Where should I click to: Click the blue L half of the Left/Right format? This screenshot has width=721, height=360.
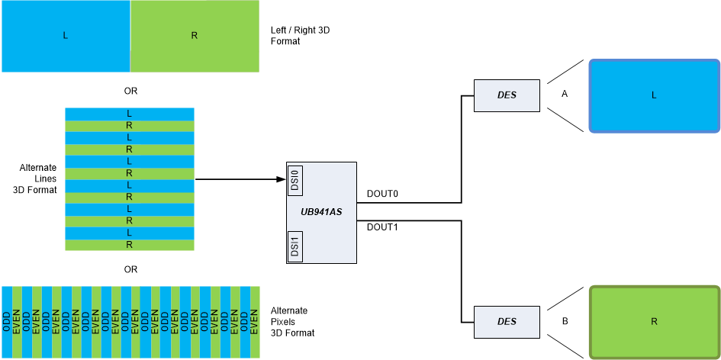point(66,36)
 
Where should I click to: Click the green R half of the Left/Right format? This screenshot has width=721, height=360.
point(195,36)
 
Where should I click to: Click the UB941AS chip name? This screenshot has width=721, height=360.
point(321,211)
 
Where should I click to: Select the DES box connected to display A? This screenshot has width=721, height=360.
point(507,95)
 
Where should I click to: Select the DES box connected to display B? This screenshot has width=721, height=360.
point(507,322)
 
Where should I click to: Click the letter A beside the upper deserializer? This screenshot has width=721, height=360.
point(565,95)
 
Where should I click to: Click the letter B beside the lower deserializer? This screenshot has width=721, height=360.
point(565,321)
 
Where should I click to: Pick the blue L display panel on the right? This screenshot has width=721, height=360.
point(654,95)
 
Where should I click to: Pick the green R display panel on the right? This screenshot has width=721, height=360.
point(654,321)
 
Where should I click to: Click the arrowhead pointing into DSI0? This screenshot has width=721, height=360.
point(280,180)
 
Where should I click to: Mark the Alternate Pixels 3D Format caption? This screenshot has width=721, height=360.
point(292,322)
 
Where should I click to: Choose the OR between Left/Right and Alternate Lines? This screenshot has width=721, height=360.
point(130,91)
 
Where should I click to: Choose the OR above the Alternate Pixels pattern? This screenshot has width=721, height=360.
point(130,269)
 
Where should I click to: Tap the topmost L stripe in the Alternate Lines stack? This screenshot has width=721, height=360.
point(130,114)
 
